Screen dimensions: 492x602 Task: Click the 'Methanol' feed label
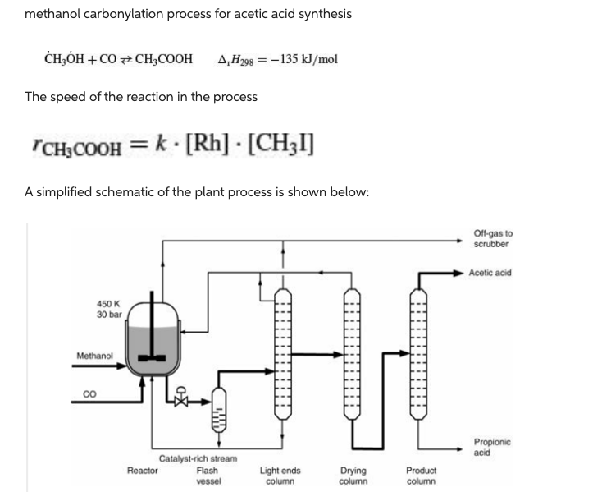coord(95,356)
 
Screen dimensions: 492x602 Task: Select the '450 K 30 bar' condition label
coord(108,309)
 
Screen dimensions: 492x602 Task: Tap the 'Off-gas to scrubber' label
coord(491,239)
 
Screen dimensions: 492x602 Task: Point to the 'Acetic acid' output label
coord(490,273)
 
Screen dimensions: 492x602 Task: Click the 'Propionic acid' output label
coord(491,447)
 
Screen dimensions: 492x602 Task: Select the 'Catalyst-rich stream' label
coord(198,458)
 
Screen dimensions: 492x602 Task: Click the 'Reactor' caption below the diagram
coord(143,471)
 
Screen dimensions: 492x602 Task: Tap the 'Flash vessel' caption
coord(208,476)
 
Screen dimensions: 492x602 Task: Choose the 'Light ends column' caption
coord(280,476)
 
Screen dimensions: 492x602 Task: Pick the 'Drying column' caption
coord(353,476)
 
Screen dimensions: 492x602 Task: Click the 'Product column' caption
coord(421,476)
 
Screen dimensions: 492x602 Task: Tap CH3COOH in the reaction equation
coord(163,59)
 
